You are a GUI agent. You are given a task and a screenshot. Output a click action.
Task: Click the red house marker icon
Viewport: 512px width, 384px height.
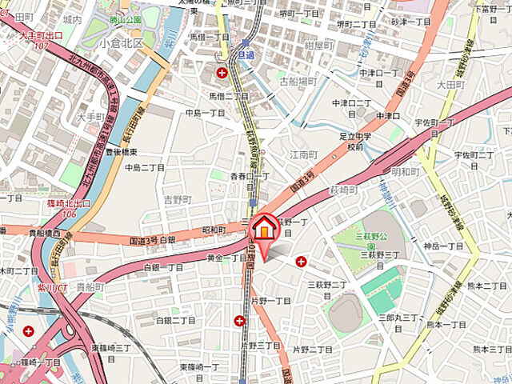point(262,229)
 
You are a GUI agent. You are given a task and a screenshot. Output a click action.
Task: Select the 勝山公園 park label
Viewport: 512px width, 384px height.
point(126,18)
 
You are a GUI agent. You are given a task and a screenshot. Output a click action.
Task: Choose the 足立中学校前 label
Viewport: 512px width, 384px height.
point(355,142)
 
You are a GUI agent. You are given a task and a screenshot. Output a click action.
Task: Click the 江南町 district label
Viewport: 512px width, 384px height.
point(305,153)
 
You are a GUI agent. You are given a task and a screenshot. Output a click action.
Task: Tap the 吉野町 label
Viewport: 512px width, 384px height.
point(179,199)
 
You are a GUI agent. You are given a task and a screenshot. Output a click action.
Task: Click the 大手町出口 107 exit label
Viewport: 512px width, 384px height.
point(41,40)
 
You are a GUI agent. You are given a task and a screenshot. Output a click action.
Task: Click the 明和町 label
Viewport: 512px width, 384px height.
point(406,171)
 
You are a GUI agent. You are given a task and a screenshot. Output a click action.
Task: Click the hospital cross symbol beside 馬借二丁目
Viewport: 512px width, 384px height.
point(222,73)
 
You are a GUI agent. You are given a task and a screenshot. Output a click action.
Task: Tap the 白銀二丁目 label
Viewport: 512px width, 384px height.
point(175,320)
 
